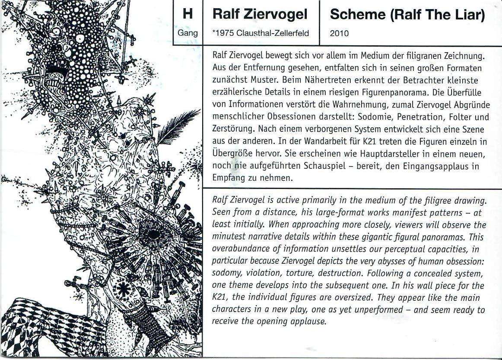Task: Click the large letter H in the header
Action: pos(187,14)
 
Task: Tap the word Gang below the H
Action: pos(187,33)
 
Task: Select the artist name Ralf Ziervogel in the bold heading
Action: pos(260,15)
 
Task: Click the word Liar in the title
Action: pos(468,15)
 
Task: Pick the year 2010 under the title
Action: pos(339,33)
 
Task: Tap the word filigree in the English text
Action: pos(432,201)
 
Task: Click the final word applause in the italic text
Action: pos(310,322)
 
